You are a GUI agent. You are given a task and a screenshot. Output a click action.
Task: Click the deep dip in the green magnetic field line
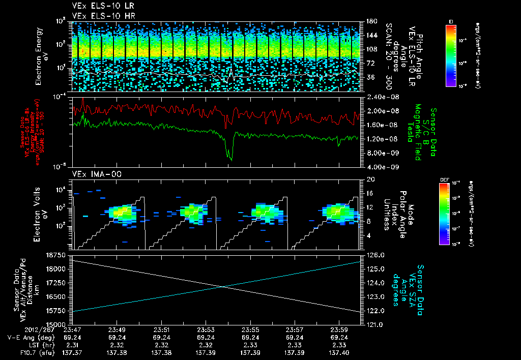231,159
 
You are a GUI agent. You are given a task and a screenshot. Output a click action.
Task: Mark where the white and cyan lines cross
222,286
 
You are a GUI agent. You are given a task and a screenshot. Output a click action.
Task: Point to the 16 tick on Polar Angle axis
369,193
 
